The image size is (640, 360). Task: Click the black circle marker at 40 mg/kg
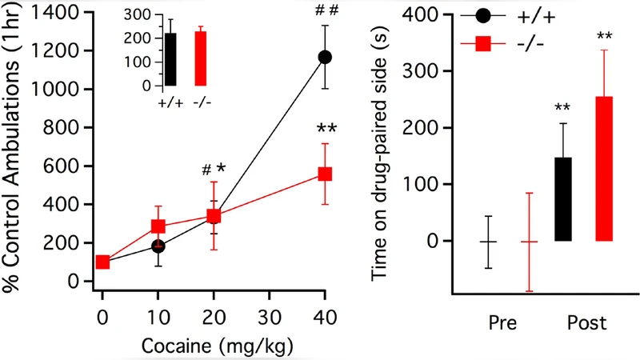pyautogui.click(x=325, y=57)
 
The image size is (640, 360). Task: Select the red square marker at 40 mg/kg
pyautogui.click(x=325, y=174)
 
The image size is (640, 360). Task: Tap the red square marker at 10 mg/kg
pyautogui.click(x=158, y=226)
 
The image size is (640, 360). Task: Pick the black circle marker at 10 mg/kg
pyautogui.click(x=158, y=246)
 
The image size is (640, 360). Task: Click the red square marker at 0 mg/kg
pyautogui.click(x=102, y=262)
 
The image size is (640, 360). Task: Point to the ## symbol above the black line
pyautogui.click(x=325, y=10)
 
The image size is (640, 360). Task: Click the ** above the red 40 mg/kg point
pyautogui.click(x=326, y=129)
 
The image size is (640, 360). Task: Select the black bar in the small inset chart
pyautogui.click(x=170, y=59)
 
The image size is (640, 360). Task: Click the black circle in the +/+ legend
pyautogui.click(x=483, y=15)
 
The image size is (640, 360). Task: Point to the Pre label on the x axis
pyautogui.click(x=502, y=324)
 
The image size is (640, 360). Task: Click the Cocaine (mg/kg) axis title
pyautogui.click(x=214, y=346)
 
